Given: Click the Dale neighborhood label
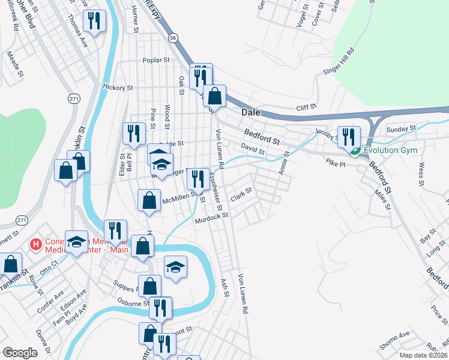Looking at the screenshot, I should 251,112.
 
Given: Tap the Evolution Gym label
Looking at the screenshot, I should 391,150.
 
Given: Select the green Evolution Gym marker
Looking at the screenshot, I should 355,151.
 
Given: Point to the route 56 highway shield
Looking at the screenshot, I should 173,37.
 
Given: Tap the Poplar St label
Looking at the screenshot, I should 157,60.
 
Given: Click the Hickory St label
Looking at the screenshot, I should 117,88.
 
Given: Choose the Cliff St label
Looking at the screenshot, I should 306,108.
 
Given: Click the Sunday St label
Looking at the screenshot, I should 401,129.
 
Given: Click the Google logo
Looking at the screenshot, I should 20,353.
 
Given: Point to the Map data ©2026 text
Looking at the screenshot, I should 423,355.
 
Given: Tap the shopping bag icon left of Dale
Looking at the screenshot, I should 214,96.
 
